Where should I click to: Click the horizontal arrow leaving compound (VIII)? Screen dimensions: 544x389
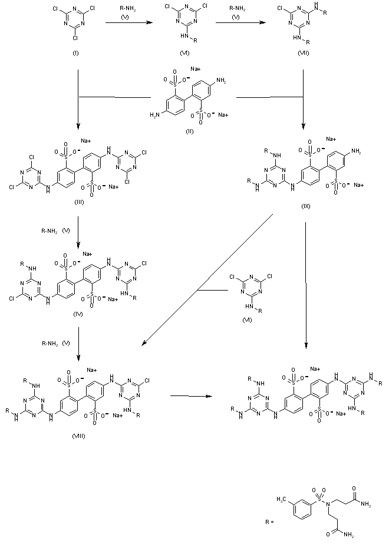pos(189,396)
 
